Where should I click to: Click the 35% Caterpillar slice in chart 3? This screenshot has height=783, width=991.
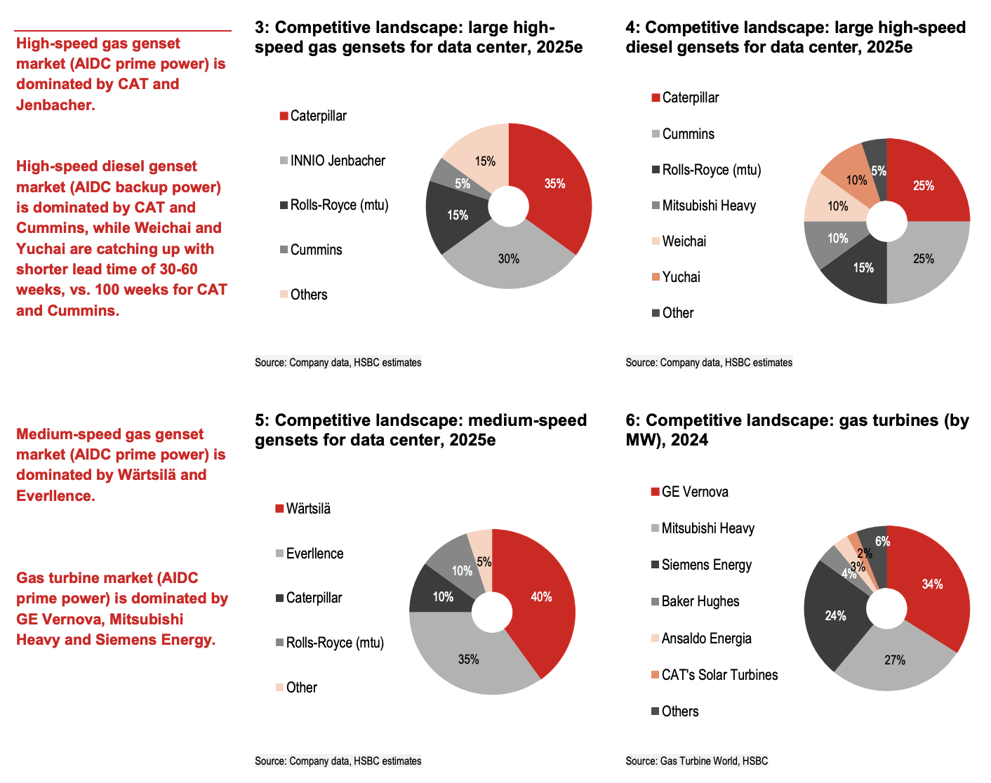(554, 184)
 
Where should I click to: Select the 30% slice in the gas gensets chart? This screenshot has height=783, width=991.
(509, 260)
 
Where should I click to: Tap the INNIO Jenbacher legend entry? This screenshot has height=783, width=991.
(337, 161)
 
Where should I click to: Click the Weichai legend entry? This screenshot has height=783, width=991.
(684, 241)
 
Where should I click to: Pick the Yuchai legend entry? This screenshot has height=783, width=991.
(681, 277)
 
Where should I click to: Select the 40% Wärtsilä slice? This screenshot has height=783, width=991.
(541, 598)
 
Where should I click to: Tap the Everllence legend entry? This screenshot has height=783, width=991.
(314, 554)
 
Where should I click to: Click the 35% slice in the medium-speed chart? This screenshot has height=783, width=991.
(468, 660)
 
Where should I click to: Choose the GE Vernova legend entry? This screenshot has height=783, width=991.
(694, 492)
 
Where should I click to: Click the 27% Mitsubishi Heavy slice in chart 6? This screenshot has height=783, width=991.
(895, 660)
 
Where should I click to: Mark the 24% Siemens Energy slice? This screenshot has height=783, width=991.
(835, 616)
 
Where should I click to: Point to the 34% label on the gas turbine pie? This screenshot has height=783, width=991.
(933, 584)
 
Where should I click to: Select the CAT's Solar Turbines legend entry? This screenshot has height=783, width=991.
(719, 675)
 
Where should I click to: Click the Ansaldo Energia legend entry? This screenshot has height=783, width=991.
(706, 638)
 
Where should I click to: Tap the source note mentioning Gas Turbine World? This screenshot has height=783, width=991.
(697, 761)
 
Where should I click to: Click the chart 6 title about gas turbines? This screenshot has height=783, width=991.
(797, 429)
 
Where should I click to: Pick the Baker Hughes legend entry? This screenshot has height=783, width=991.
(700, 601)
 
